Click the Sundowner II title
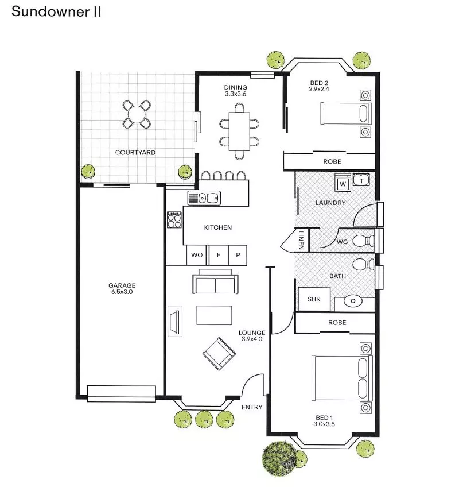click(x=56, y=12)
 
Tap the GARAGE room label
click(x=122, y=285)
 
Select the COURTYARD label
click(x=135, y=153)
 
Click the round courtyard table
click(x=137, y=114)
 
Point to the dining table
click(x=239, y=131)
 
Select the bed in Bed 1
click(x=342, y=378)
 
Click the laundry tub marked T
click(x=361, y=180)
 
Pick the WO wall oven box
click(x=197, y=255)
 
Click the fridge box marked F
click(x=218, y=255)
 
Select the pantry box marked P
click(x=238, y=255)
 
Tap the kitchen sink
click(x=204, y=198)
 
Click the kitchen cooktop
click(x=174, y=221)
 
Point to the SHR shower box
click(x=314, y=299)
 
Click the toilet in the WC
click(x=363, y=241)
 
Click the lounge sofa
click(x=215, y=284)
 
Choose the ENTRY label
click(x=252, y=407)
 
